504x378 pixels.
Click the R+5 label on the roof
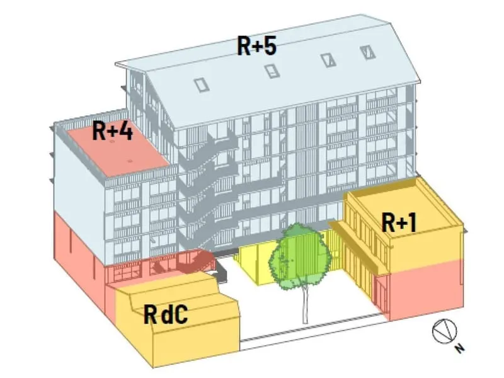point(256,46)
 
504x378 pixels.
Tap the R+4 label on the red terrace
point(112,130)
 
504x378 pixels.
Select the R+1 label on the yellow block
point(399,222)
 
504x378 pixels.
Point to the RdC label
point(165,314)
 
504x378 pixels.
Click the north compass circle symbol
point(444,331)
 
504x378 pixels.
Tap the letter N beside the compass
point(460,348)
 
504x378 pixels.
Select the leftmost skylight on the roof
point(202,85)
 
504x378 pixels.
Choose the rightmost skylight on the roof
point(368,52)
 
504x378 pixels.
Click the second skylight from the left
point(272,71)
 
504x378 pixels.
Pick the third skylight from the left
point(328,60)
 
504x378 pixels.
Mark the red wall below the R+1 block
point(426,289)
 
